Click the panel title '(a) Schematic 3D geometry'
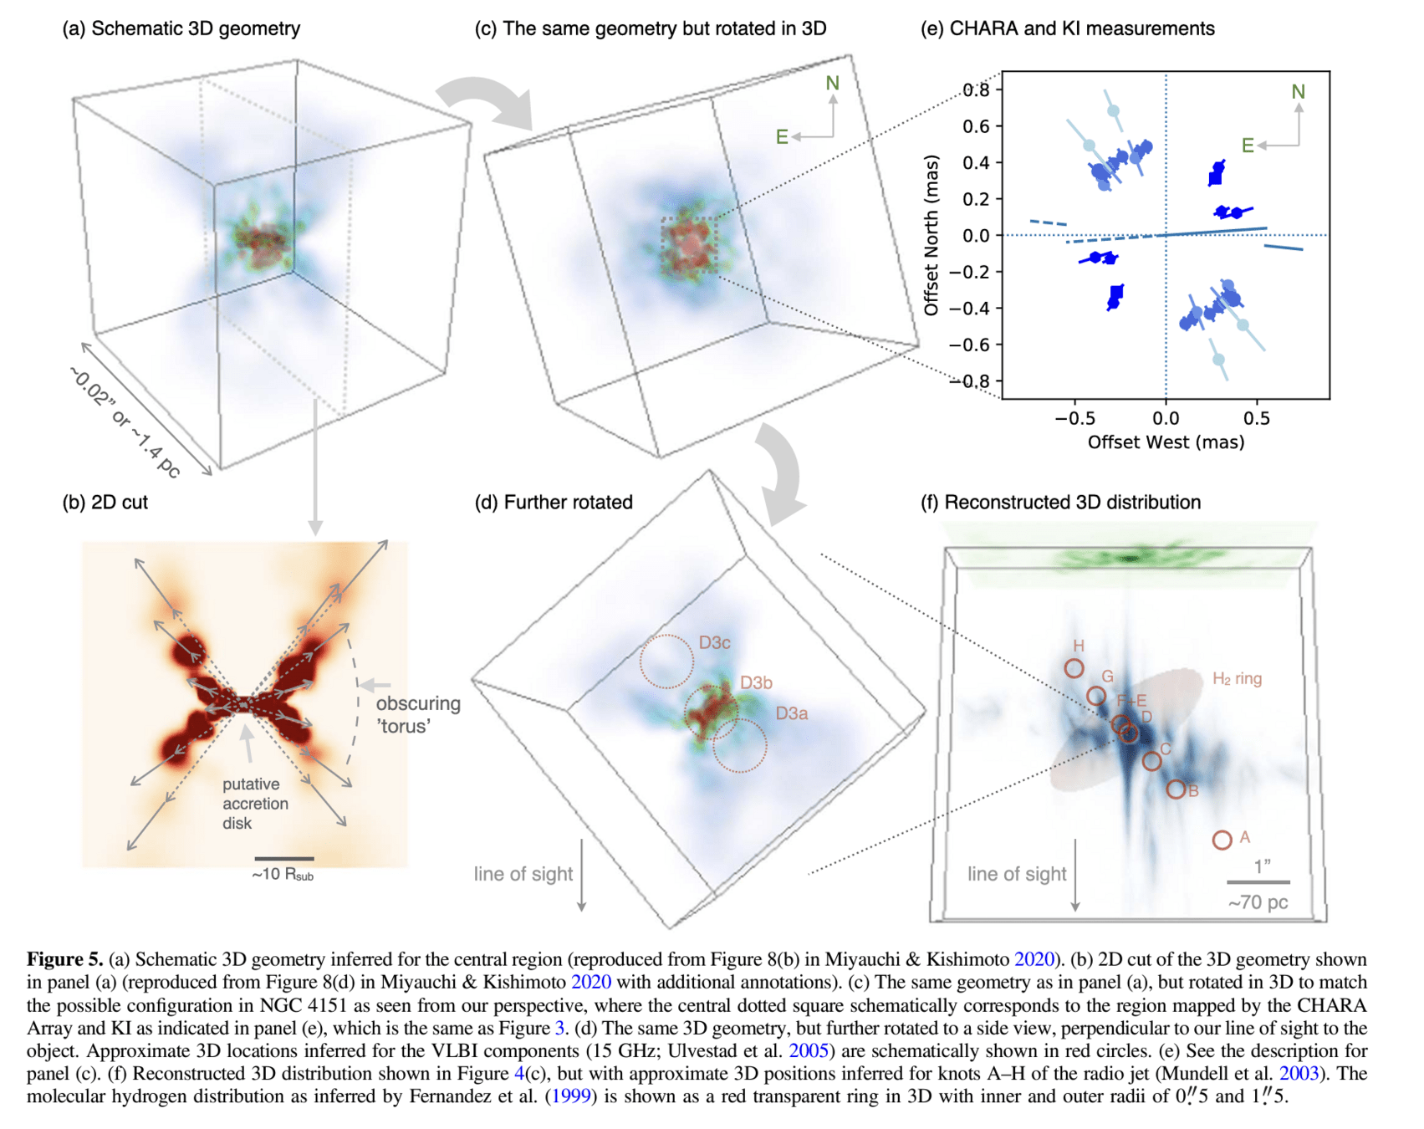[x=181, y=28]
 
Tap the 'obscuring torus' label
[x=417, y=714]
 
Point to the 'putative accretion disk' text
[x=254, y=803]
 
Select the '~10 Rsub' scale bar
[x=283, y=859]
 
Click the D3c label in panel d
[x=714, y=642]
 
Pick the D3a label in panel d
[x=791, y=713]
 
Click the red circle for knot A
[x=1222, y=840]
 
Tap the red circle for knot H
[x=1074, y=668]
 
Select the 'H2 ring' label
[x=1237, y=678]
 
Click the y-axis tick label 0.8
[x=976, y=90]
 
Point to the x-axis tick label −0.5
[x=1076, y=418]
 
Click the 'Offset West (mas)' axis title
[x=1166, y=442]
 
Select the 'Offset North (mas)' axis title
[x=931, y=235]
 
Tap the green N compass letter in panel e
[x=1298, y=92]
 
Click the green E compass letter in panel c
[x=782, y=137]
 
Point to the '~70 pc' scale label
[x=1258, y=902]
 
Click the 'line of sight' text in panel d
[x=523, y=874]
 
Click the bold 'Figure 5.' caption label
[x=64, y=959]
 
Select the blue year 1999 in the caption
[x=570, y=1096]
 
